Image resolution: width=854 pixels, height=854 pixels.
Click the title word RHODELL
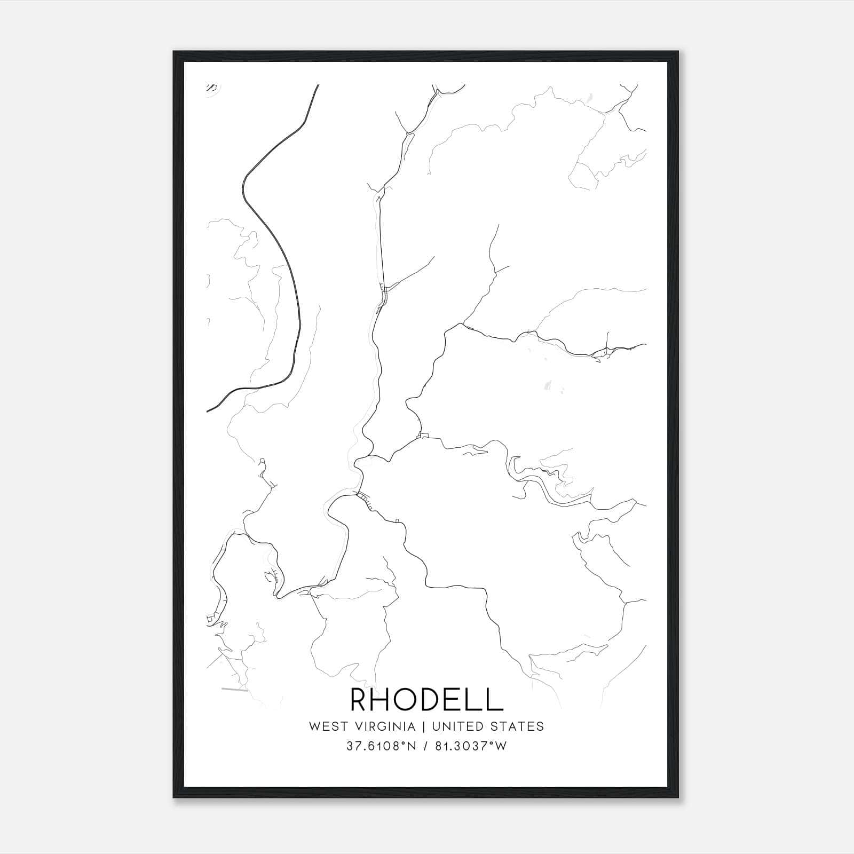(426, 699)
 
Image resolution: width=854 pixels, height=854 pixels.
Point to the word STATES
(517, 726)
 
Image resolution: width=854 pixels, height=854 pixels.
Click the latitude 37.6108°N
(381, 746)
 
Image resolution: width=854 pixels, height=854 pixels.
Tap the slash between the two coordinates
(424, 746)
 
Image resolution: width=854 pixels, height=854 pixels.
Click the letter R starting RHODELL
(360, 699)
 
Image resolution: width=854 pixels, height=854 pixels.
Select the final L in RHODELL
(495, 699)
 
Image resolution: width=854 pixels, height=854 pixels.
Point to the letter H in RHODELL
(386, 699)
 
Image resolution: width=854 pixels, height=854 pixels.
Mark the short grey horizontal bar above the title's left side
(235, 690)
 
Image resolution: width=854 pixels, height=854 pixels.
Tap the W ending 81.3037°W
(501, 746)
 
